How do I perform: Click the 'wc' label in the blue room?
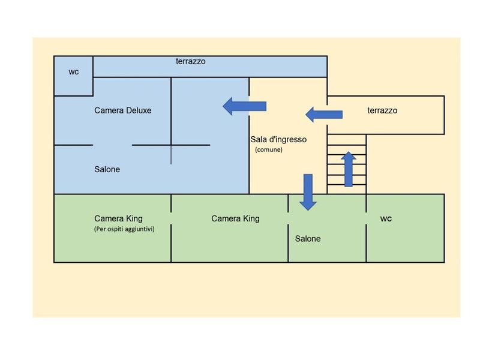coord(74,72)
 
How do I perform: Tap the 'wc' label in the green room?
coord(386,218)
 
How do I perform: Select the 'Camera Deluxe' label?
coord(123,110)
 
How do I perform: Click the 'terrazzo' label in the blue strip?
coord(191,61)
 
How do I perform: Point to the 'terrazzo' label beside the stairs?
coord(382,110)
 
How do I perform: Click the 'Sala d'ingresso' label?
coord(278,139)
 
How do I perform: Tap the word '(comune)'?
coord(269,149)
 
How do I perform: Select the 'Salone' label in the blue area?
coord(107,169)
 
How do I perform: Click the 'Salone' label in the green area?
coord(308,239)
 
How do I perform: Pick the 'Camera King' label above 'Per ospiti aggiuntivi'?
coord(119,218)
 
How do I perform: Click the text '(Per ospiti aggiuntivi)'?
coord(124,229)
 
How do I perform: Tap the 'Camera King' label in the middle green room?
coord(235,218)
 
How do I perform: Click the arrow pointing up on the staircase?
coord(349,169)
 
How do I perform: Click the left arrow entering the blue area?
coord(244,106)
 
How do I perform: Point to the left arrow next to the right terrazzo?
coord(324,114)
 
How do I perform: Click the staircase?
coord(346,164)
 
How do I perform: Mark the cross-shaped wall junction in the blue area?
coord(171,145)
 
